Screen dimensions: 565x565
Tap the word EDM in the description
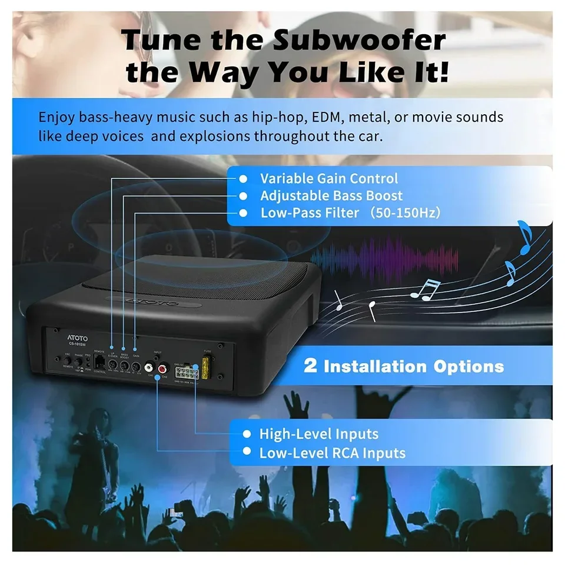pos(325,117)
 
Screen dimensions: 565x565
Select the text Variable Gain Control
pos(329,178)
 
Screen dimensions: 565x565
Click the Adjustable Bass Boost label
pos(331,195)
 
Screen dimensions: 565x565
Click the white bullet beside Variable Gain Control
pos(242,178)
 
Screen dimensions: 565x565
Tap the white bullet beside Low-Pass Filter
pos(242,212)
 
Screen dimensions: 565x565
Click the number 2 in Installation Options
pos(310,366)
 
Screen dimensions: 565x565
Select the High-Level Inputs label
pos(318,434)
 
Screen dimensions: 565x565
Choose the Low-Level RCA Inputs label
pos(332,453)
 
